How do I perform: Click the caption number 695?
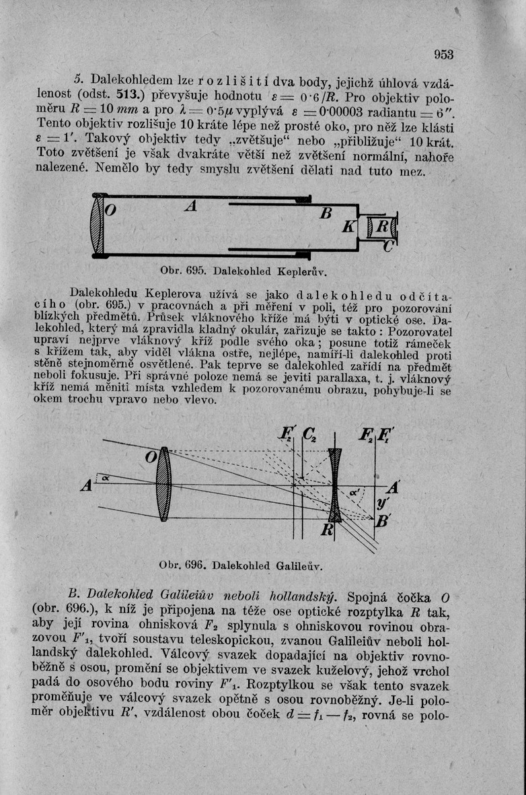(194, 273)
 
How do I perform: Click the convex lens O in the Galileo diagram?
(163, 485)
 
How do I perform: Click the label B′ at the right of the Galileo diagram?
(384, 520)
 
